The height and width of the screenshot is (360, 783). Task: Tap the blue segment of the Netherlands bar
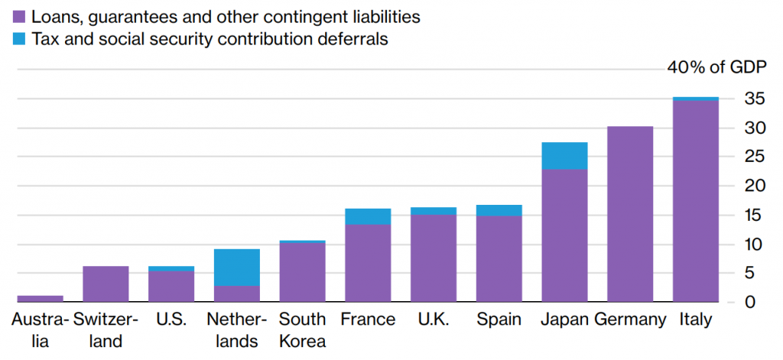pyautogui.click(x=236, y=267)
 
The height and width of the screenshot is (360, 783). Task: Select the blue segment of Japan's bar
pyautogui.click(x=564, y=156)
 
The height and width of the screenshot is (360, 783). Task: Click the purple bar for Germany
pyautogui.click(x=630, y=214)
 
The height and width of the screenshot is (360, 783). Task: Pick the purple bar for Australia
pyautogui.click(x=40, y=299)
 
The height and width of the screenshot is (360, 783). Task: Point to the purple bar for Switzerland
pyautogui.click(x=106, y=284)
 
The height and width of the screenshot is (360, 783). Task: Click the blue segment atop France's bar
pyautogui.click(x=368, y=216)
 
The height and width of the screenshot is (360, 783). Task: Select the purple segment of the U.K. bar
pyautogui.click(x=434, y=258)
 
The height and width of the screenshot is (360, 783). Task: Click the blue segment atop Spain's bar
pyautogui.click(x=499, y=210)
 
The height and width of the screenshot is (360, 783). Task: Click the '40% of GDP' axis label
pyautogui.click(x=716, y=67)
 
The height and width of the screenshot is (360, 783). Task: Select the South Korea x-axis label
pyautogui.click(x=302, y=329)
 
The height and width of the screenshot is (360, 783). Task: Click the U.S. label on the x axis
pyautogui.click(x=171, y=319)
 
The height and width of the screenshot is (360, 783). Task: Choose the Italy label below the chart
pyautogui.click(x=695, y=319)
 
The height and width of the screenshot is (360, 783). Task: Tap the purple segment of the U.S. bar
pyautogui.click(x=171, y=287)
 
